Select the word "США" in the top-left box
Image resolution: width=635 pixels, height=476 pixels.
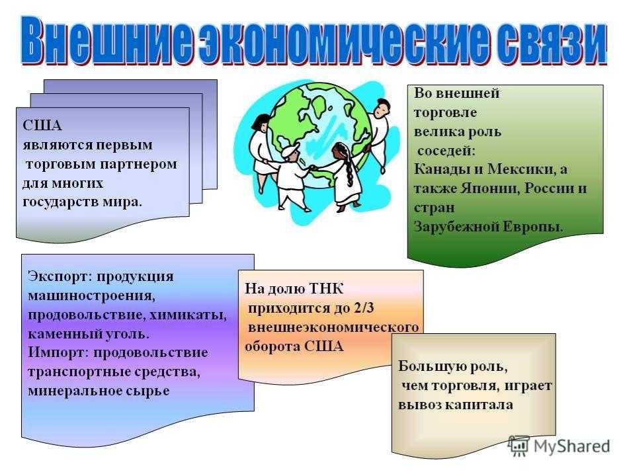42,126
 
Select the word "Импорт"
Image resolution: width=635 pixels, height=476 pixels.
58,352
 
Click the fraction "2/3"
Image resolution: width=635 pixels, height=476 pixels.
364,308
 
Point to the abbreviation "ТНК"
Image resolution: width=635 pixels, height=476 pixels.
326,289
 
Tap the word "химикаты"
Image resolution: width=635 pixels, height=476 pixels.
187,315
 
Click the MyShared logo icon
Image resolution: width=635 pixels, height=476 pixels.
519,446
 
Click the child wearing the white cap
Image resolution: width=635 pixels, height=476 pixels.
292,177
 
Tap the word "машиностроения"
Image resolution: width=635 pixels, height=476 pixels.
91,296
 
